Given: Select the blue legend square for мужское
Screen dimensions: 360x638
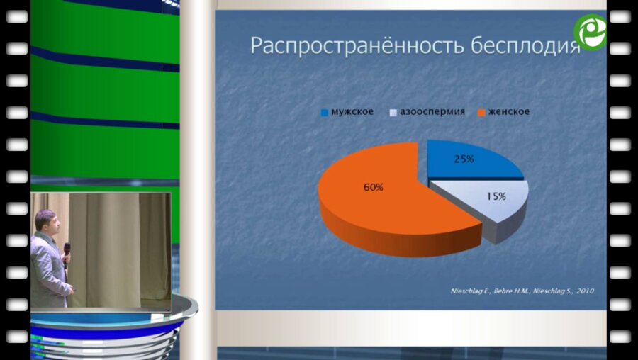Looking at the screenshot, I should tap(325, 112).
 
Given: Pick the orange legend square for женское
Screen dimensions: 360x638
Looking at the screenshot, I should tap(481, 112).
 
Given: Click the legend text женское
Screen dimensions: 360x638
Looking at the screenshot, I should tap(508, 112).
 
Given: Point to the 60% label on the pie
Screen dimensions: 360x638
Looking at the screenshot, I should tap(374, 188).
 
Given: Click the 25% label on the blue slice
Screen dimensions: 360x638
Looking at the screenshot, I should tap(464, 159).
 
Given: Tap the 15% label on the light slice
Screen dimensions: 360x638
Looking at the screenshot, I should tap(496, 196).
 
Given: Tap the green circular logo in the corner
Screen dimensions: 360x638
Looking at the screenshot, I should tap(590, 32).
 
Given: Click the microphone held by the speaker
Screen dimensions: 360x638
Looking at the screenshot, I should tap(67, 250).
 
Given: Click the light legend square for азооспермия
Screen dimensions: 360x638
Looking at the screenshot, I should tap(393, 112).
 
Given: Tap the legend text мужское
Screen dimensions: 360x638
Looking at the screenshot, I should tap(352, 112).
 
